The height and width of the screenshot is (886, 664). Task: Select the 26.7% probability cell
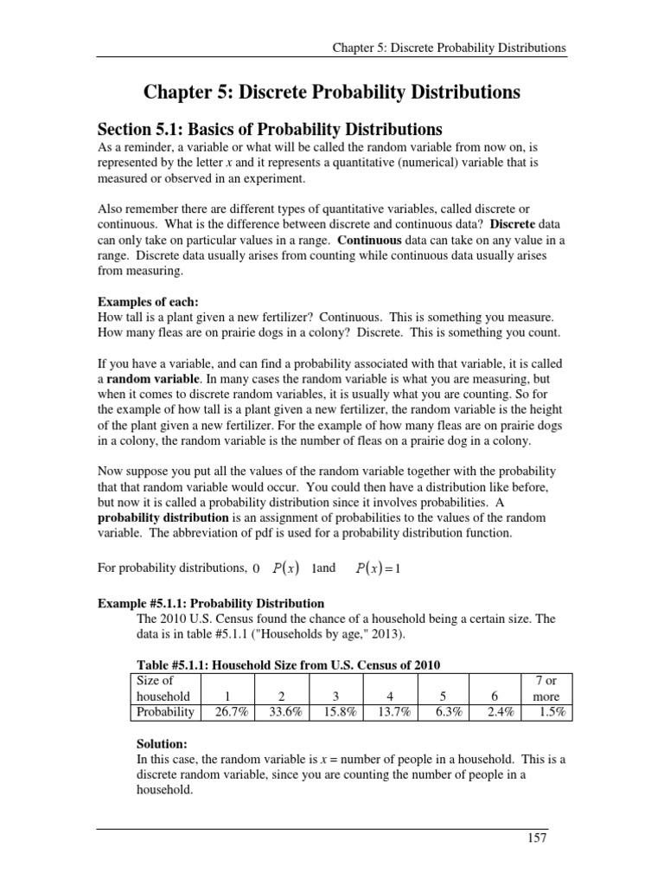[226, 712]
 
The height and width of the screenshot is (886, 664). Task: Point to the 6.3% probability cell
[445, 712]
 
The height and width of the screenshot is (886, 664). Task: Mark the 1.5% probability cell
[551, 712]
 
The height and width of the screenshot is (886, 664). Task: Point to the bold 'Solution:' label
[163, 743]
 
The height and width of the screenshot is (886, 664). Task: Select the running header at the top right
[450, 48]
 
